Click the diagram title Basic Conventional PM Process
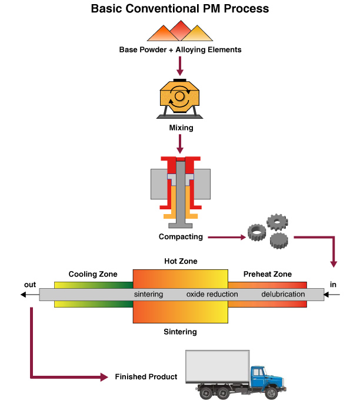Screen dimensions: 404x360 [x=180, y=9]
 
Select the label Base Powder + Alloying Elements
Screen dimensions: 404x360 [x=180, y=49]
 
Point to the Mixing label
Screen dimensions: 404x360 [x=180, y=126]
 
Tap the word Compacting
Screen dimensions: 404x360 [x=181, y=237]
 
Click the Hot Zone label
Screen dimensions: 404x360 [x=180, y=261]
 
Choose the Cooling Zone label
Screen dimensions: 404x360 [x=93, y=274]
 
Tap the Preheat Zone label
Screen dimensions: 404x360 [x=267, y=274]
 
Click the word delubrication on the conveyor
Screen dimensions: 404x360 [x=283, y=294]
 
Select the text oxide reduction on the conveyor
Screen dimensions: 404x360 [x=210, y=294]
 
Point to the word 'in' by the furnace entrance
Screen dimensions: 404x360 [x=334, y=285]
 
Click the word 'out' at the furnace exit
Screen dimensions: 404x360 [x=30, y=285]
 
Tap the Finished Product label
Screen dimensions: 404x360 [x=146, y=376]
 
